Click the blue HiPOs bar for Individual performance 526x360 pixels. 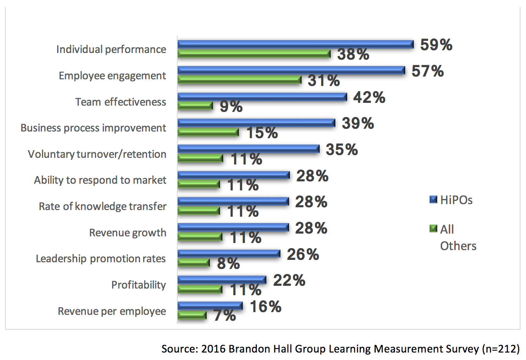(x=295, y=44)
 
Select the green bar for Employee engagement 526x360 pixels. (x=239, y=80)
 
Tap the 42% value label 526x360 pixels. (x=369, y=97)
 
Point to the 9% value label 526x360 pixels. (x=231, y=106)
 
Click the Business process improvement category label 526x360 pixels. (x=93, y=128)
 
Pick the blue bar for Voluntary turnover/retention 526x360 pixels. (x=248, y=149)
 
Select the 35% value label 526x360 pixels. (x=342, y=150)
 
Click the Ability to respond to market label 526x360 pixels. (x=100, y=180)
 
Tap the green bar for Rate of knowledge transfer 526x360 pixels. (x=198, y=211)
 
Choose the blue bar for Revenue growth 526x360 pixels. (x=233, y=227)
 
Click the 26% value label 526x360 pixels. (x=303, y=254)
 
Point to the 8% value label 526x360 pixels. (x=228, y=263)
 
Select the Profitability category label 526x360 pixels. (x=138, y=285)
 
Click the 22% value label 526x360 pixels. (x=289, y=280)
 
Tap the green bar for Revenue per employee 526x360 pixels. (x=192, y=315)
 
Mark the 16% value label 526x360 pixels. (x=266, y=307)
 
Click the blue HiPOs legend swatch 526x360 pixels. (x=433, y=200)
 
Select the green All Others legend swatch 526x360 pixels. (x=433, y=228)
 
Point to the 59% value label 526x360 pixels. (x=436, y=45)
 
